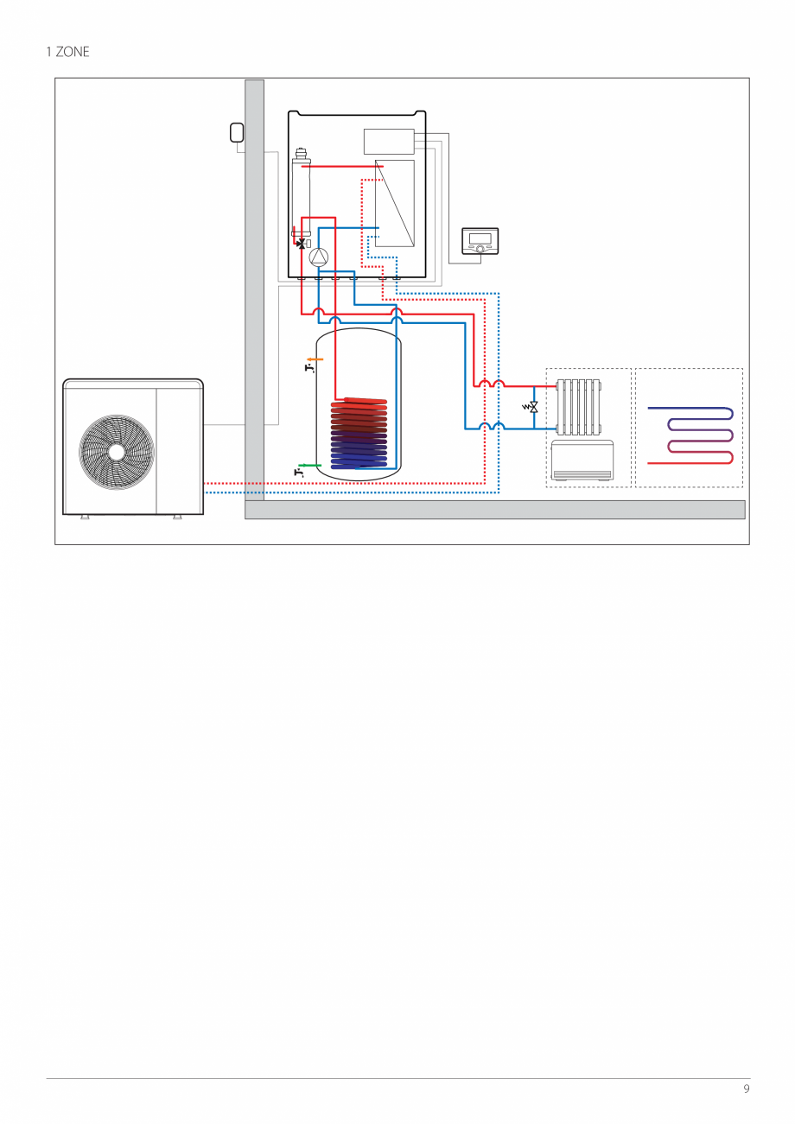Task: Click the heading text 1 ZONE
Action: tap(67, 52)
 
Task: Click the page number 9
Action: tap(746, 1089)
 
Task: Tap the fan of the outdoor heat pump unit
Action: tap(116, 451)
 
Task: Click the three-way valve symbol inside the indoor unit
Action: tap(300, 244)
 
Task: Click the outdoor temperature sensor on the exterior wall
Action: tap(237, 133)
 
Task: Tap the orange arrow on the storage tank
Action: tap(315, 359)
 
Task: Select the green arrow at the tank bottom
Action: tap(309, 465)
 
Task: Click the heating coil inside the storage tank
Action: tap(359, 432)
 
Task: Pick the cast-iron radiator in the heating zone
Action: tap(579, 406)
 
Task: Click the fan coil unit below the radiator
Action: tap(582, 460)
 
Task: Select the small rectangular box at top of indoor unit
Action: tap(389, 141)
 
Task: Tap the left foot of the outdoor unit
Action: tap(85, 518)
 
